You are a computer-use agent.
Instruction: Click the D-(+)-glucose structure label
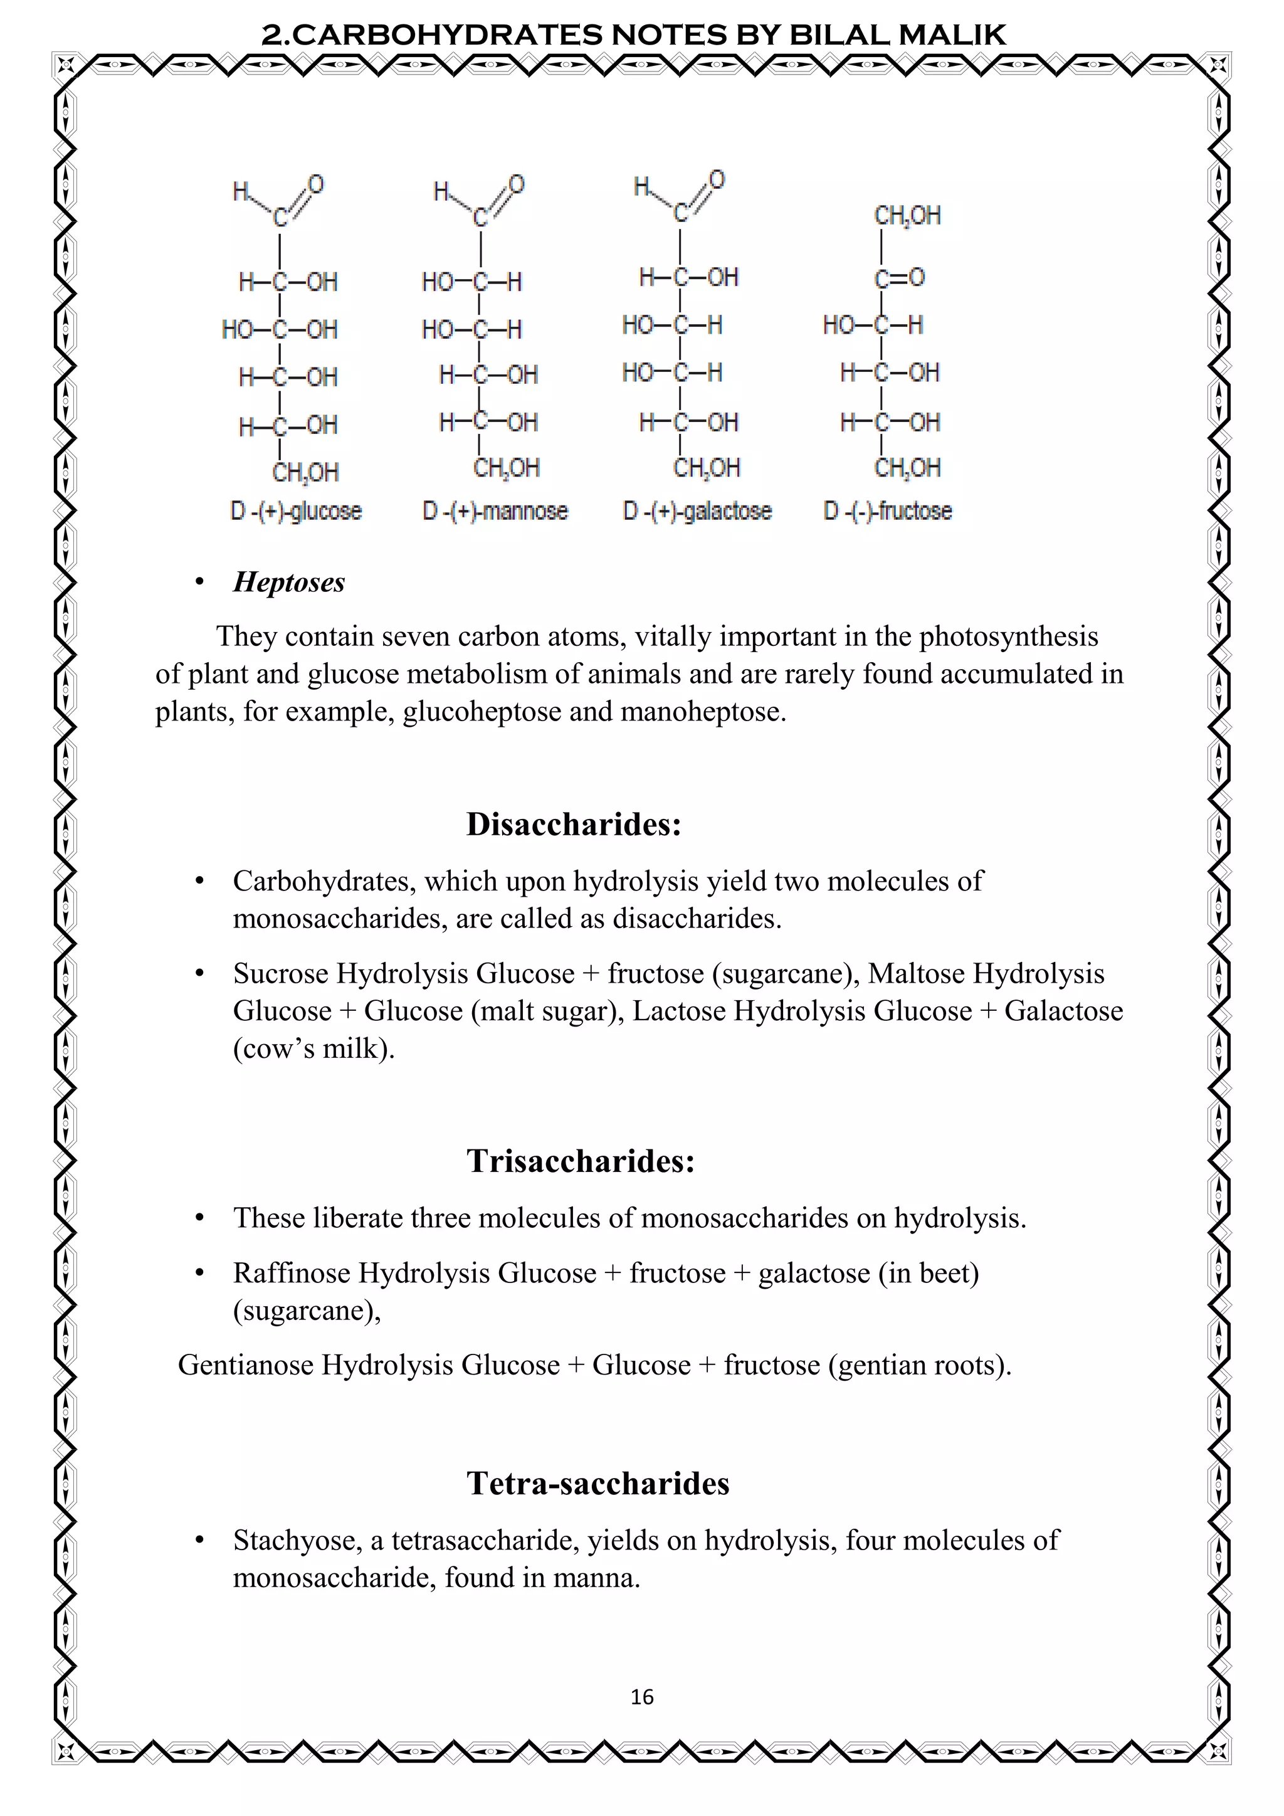point(296,512)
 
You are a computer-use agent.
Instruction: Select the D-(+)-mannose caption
point(495,512)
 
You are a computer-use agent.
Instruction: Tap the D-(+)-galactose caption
point(697,512)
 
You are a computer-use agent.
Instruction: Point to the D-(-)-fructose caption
point(887,512)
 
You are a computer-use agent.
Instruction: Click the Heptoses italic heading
point(288,582)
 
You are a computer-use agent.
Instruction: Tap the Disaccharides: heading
point(573,824)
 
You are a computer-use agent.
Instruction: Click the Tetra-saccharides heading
point(597,1484)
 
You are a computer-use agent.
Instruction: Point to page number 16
point(642,1697)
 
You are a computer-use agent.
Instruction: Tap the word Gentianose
point(245,1365)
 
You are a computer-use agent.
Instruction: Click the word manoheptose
point(703,712)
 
